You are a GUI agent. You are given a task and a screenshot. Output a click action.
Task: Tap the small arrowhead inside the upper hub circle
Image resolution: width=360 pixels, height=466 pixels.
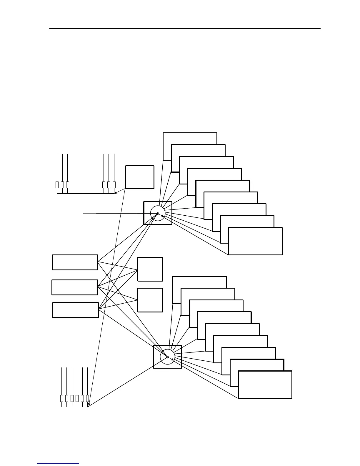(163, 216)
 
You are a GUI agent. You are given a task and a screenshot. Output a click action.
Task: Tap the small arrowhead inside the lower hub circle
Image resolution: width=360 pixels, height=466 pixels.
(173, 360)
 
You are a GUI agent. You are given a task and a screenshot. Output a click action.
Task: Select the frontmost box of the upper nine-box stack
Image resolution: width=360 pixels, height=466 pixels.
(255, 241)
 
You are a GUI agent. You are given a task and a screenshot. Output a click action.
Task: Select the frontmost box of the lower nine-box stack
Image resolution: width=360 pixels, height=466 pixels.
(265, 385)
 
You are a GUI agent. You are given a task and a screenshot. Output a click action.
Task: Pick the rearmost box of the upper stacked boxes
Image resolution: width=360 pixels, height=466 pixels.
(190, 138)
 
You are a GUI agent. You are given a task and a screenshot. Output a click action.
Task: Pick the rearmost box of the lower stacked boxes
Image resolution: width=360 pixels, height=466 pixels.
(200, 282)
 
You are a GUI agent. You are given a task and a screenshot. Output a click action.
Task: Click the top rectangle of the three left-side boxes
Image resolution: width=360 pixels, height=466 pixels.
(75, 262)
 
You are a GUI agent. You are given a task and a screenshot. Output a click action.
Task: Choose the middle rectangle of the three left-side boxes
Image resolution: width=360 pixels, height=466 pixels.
(75, 287)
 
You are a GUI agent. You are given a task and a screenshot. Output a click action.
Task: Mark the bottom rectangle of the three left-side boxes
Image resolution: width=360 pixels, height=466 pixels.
(76, 310)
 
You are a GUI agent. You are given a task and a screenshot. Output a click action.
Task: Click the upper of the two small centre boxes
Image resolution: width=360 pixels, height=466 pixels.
(150, 269)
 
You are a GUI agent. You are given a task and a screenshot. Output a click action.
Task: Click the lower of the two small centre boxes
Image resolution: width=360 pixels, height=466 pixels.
(150, 300)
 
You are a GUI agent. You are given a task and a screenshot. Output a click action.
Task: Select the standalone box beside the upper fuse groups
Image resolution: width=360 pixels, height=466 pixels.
(140, 177)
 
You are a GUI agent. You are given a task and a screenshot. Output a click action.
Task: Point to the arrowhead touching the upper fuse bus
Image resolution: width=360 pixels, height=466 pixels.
(115, 193)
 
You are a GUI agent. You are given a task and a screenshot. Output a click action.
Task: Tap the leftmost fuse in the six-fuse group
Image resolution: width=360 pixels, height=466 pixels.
(62, 398)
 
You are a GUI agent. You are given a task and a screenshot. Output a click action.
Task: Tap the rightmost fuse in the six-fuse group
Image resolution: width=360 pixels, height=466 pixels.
(87, 398)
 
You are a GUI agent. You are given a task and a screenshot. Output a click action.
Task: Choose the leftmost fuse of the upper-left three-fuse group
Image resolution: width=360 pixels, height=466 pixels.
(57, 185)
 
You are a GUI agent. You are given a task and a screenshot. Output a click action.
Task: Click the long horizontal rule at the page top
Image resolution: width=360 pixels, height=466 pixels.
(185, 29)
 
